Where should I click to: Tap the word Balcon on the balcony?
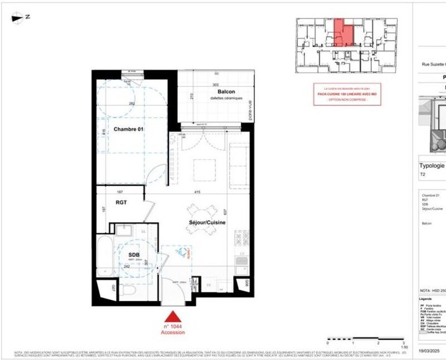226,92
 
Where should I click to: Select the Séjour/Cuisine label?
206,223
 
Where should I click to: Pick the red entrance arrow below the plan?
173,317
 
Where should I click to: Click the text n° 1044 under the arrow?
173,326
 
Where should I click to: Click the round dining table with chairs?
200,213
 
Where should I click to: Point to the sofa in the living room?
239,164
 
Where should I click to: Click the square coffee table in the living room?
204,169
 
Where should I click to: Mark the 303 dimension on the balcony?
216,85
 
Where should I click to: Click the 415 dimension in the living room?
197,192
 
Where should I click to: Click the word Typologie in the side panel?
432,166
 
